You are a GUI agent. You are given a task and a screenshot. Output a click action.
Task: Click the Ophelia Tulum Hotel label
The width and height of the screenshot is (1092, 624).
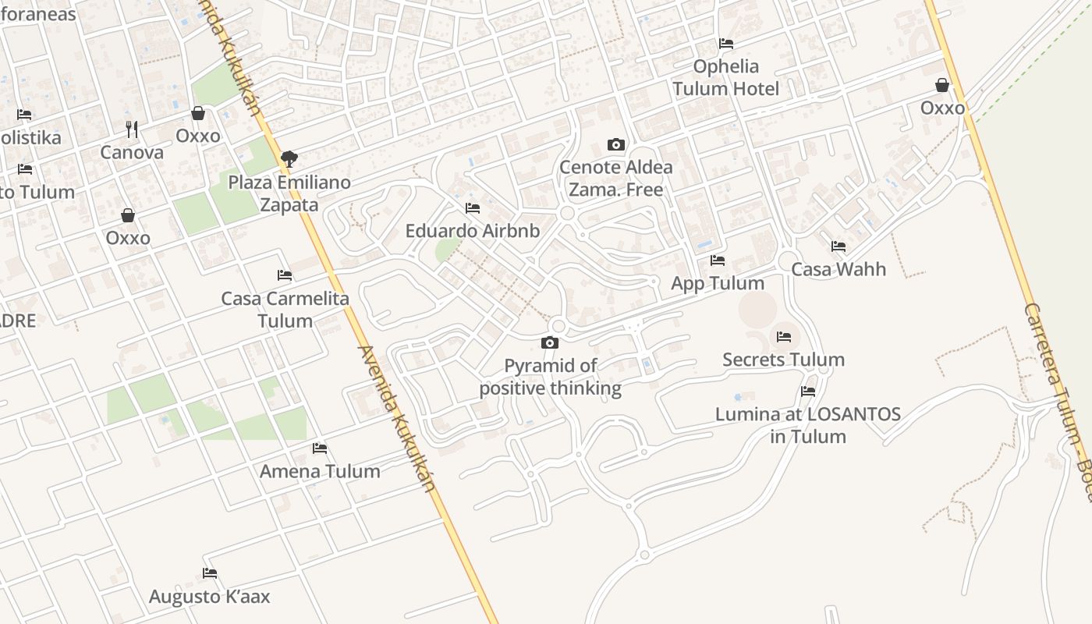coord(725,77)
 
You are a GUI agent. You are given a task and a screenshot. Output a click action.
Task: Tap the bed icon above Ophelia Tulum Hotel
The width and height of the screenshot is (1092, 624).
coord(726,44)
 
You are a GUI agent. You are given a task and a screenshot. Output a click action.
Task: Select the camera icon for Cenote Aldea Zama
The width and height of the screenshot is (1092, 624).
coord(615,144)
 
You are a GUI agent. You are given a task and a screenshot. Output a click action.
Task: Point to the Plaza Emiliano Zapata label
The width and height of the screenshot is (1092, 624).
coord(289,193)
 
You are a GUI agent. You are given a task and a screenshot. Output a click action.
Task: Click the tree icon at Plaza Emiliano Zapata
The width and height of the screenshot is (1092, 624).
coord(289,159)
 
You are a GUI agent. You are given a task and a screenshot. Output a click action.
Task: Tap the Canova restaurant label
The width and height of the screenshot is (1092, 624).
coord(132,152)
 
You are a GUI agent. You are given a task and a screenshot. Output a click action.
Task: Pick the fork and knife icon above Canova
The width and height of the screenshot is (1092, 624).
coord(132,129)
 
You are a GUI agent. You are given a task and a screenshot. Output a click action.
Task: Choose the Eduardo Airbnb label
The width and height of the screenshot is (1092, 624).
coord(472,231)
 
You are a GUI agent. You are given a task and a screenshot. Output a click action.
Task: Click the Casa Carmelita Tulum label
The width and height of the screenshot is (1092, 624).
coord(285,309)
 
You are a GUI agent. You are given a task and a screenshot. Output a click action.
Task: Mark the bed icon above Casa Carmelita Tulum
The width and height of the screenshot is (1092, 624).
coord(285,275)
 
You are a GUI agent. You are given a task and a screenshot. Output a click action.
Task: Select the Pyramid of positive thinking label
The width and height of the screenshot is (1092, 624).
coord(550,377)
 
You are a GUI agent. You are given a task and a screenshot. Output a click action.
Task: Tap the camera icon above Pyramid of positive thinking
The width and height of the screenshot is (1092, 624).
coord(550,342)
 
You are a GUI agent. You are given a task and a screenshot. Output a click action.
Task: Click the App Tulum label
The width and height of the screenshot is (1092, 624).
coord(718,283)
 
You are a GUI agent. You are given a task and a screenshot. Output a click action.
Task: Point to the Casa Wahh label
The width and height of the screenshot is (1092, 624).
coord(838,269)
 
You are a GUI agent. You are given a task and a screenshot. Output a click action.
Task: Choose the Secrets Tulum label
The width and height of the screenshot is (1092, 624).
coord(783,360)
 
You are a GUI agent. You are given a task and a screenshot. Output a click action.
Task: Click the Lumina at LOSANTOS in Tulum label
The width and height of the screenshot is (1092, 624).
coord(808,425)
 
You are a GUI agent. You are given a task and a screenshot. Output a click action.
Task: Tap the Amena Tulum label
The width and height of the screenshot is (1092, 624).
coord(320,471)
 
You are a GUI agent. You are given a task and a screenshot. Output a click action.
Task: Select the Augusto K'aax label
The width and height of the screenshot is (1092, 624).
coord(209,597)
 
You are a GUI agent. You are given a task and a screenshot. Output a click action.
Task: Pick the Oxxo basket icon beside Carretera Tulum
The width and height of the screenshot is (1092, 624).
coord(942,85)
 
